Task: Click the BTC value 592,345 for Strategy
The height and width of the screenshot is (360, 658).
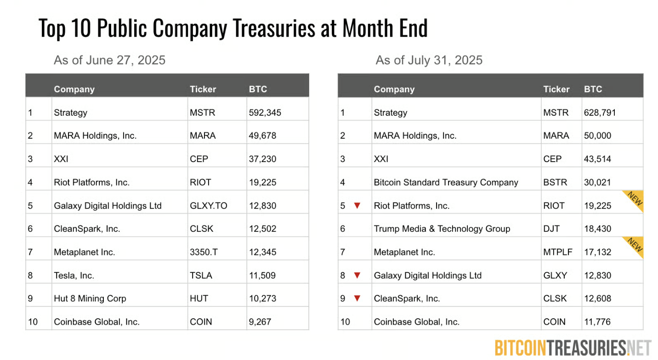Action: pyautogui.click(x=265, y=112)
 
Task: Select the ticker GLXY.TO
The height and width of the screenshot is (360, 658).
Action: pyautogui.click(x=208, y=206)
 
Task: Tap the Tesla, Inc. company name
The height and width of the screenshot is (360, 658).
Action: pyautogui.click(x=74, y=276)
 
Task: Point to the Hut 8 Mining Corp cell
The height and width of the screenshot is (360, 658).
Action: pyautogui.click(x=90, y=298)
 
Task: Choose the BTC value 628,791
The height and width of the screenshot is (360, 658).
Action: pyautogui.click(x=600, y=112)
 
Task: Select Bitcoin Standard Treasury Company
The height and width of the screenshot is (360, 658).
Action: pyautogui.click(x=446, y=182)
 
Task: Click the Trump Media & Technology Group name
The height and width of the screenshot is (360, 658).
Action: pyautogui.click(x=442, y=229)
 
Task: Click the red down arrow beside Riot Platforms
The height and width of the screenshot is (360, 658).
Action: pyautogui.click(x=357, y=206)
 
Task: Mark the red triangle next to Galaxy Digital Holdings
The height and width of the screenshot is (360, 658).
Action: pyautogui.click(x=357, y=276)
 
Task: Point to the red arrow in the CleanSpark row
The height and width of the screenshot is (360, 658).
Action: pyautogui.click(x=357, y=298)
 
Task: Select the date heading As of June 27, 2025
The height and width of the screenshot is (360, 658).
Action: pyautogui.click(x=109, y=60)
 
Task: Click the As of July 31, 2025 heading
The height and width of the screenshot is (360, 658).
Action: pyautogui.click(x=429, y=60)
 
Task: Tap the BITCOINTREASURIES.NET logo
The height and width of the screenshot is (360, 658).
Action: pyautogui.click(x=573, y=348)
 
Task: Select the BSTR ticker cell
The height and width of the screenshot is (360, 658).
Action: pyautogui.click(x=555, y=182)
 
